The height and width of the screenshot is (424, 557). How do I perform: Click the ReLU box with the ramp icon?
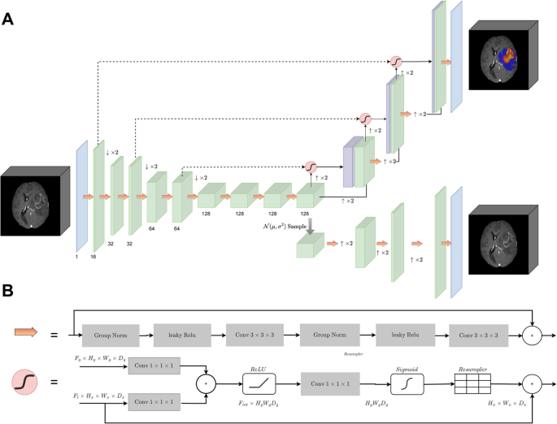point(264,381)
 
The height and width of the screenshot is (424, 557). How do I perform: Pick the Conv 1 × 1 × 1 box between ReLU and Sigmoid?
point(333,381)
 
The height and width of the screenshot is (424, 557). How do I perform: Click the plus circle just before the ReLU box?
point(209,381)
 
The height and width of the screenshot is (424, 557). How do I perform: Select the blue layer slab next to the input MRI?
point(81,195)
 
